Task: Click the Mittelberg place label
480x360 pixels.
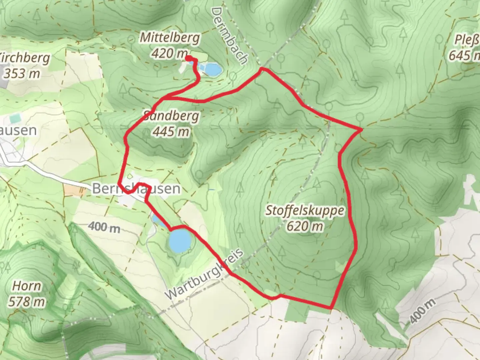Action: coord(170,37)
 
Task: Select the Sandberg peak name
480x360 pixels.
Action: coord(171,116)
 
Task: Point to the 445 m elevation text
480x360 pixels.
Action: coord(171,132)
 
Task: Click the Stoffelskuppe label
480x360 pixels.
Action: coord(305,210)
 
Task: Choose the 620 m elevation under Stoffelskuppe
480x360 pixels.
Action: coord(305,226)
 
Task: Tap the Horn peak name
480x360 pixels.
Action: coord(27,286)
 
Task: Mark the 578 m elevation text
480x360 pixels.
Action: coord(27,302)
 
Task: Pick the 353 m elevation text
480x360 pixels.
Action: coord(22,73)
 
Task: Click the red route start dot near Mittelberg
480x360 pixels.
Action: coord(188,59)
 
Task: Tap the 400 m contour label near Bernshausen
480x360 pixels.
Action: coord(104,228)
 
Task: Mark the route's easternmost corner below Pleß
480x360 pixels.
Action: coord(361,129)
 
